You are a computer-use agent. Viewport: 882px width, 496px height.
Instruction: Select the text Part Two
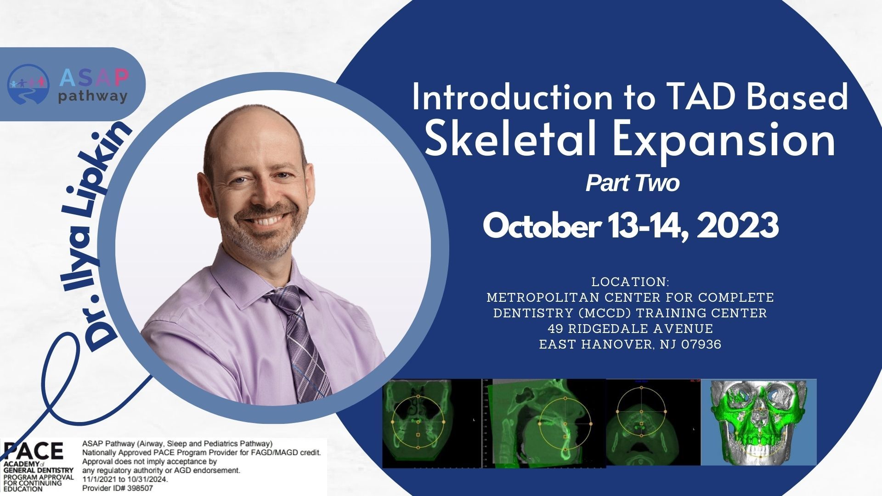[632, 184]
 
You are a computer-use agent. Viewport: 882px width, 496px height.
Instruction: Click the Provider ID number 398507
[138, 489]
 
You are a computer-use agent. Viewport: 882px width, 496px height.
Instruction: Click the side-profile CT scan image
[543, 423]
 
